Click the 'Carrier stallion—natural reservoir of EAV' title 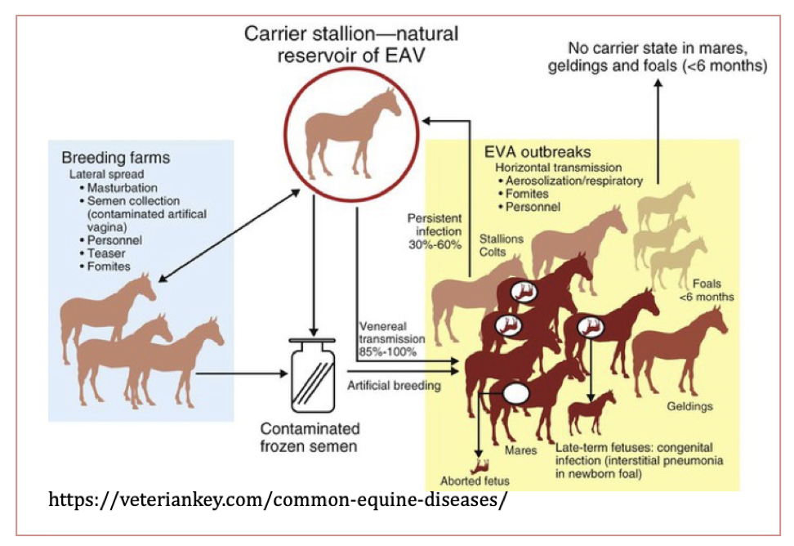pyautogui.click(x=352, y=45)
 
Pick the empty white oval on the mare pyautogui.click(x=516, y=394)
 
